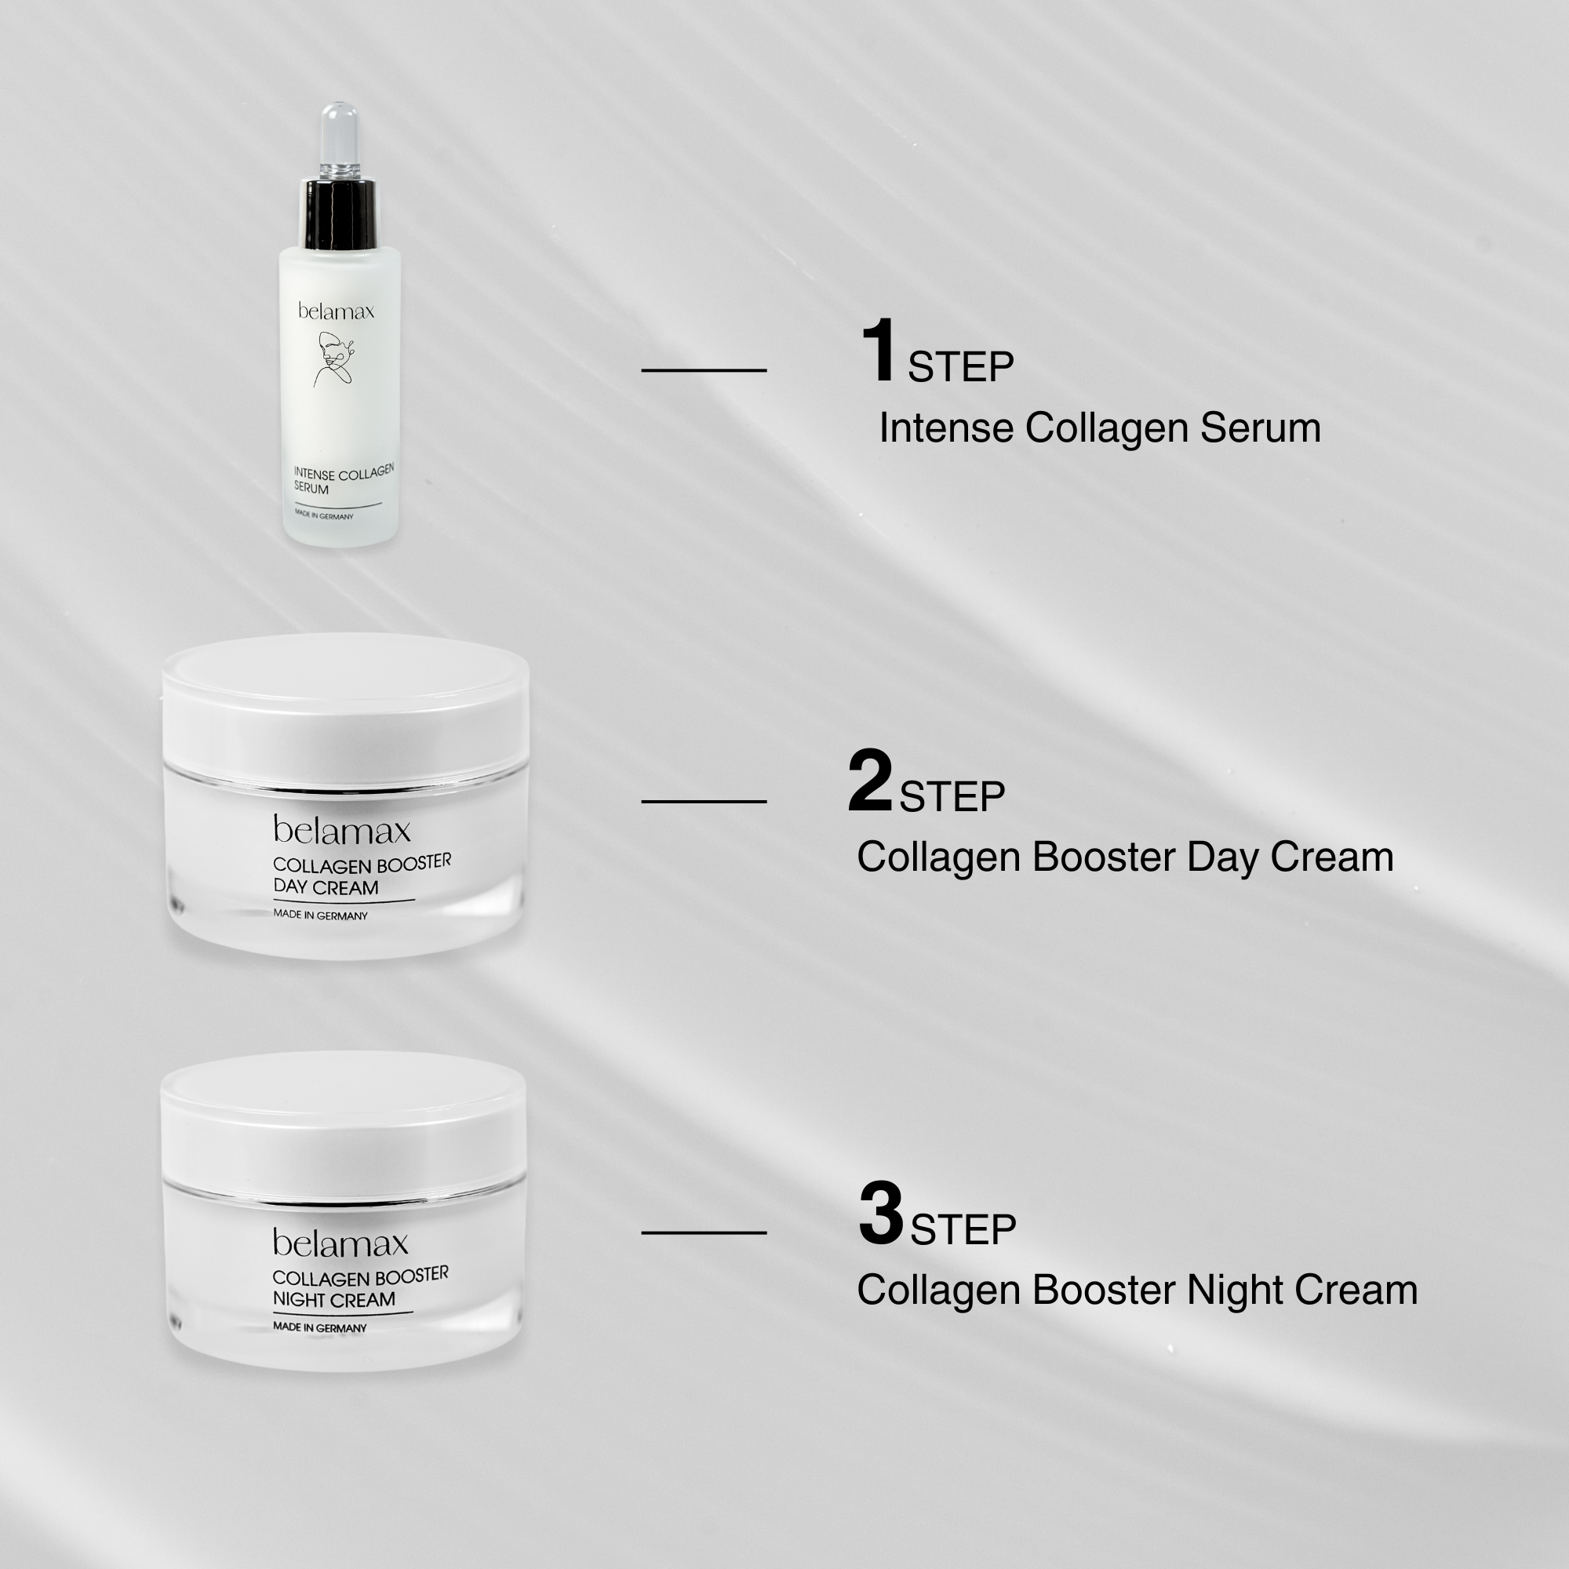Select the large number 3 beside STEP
pos(881,1214)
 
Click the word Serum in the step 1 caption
pos(1261,428)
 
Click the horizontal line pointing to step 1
pos(704,370)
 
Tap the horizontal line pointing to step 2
pos(704,802)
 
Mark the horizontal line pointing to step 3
pos(704,1232)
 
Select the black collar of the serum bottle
pos(340,214)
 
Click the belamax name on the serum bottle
pos(337,311)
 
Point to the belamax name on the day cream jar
pos(342,830)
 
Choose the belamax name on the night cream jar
pos(341,1243)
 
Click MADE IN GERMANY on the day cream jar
pos(321,915)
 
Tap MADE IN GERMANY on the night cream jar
pos(320,1327)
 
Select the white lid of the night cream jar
pos(344,1125)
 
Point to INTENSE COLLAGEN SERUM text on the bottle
pos(344,479)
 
